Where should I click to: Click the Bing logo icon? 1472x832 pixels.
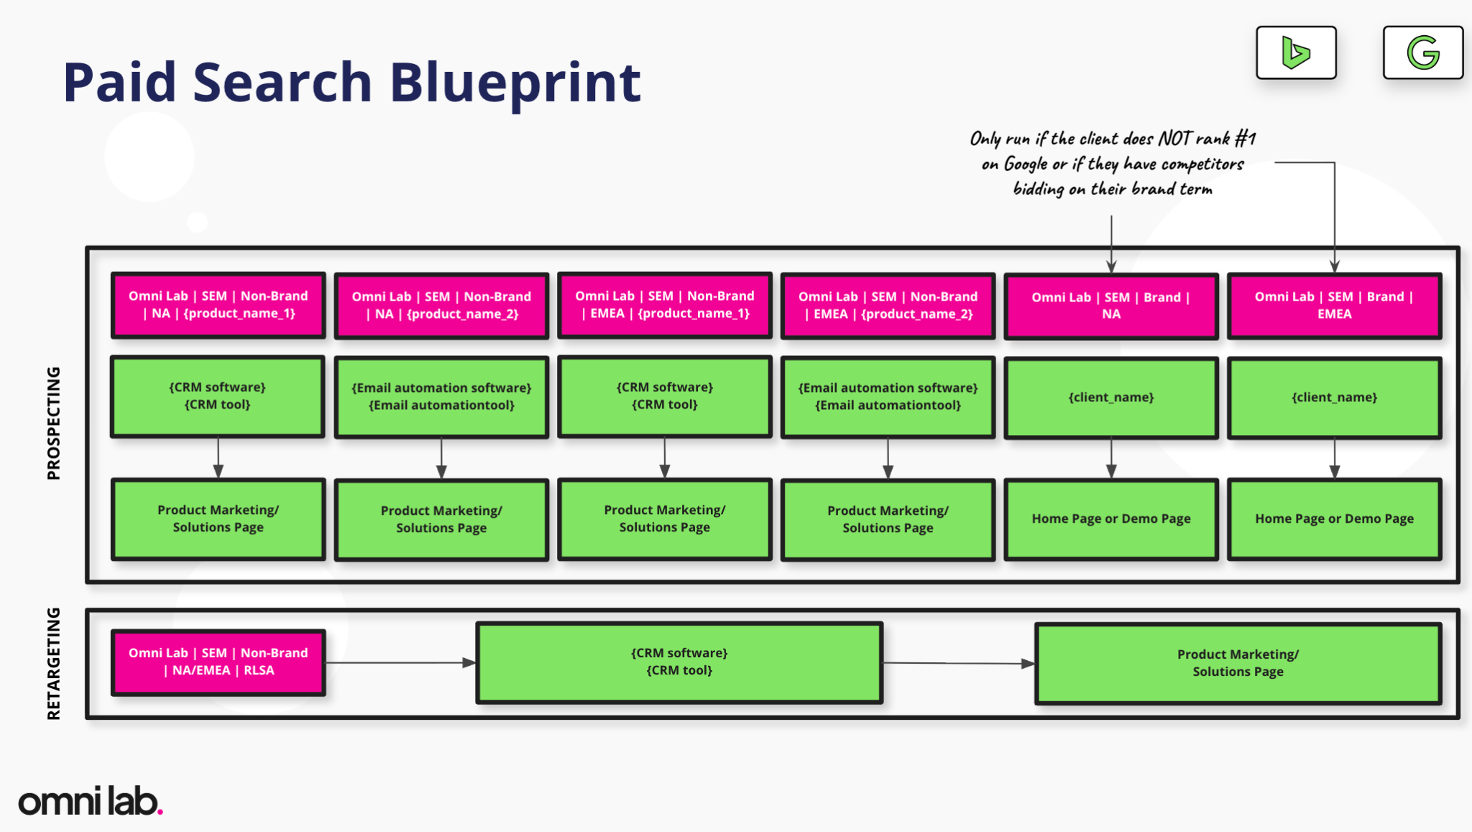click(1296, 52)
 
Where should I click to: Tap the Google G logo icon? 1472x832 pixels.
click(1422, 52)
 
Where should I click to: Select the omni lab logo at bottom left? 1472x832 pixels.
click(91, 800)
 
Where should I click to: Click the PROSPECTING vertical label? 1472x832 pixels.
click(53, 423)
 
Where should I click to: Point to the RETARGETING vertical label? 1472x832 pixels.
click(53, 663)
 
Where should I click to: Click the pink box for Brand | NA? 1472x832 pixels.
click(1111, 306)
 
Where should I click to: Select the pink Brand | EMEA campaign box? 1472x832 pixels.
click(1335, 306)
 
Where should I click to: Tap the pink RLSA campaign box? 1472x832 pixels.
click(218, 662)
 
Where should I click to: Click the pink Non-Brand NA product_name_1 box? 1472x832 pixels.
click(218, 305)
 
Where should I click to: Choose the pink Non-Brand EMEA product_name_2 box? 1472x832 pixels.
click(888, 306)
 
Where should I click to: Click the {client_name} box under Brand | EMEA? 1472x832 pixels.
click(1335, 398)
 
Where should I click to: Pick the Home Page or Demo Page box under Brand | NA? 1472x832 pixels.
click(1111, 519)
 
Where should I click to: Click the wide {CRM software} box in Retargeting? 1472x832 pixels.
click(679, 662)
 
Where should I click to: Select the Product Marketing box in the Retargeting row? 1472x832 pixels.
click(1238, 663)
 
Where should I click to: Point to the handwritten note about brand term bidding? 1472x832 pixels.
click(1113, 163)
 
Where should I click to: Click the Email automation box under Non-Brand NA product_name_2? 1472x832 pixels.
click(441, 397)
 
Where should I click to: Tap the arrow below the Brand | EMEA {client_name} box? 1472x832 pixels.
click(1335, 458)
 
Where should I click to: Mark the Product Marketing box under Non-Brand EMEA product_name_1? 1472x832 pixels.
click(665, 518)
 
